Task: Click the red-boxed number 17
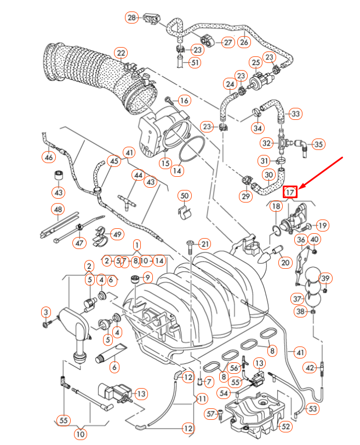pyautogui.click(x=290, y=192)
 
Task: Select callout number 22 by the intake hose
pyautogui.click(x=121, y=53)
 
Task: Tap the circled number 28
pyautogui.click(x=132, y=18)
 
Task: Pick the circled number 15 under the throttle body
pyautogui.click(x=165, y=163)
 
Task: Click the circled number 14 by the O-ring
pyautogui.click(x=176, y=170)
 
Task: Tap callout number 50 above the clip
pyautogui.click(x=184, y=195)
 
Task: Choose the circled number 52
pyautogui.click(x=286, y=425)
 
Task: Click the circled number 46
pyautogui.click(x=49, y=158)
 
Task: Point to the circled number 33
pyautogui.click(x=295, y=114)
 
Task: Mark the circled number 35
pyautogui.click(x=318, y=145)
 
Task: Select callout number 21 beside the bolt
pyautogui.click(x=204, y=244)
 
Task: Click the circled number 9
pyautogui.click(x=147, y=277)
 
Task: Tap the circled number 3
pyautogui.click(x=45, y=312)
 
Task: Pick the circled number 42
pyautogui.click(x=310, y=367)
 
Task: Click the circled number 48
pyautogui.click(x=58, y=209)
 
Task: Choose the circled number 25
pyautogui.click(x=255, y=63)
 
